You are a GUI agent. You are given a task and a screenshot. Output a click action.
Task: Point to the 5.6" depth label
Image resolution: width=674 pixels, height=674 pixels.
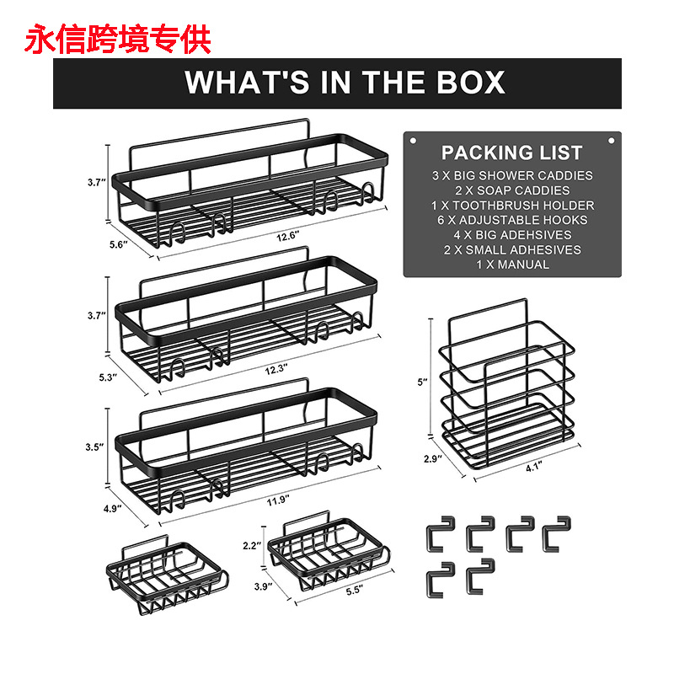[117, 244]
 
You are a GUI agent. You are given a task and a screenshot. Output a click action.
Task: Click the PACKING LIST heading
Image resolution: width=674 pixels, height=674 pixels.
[511, 152]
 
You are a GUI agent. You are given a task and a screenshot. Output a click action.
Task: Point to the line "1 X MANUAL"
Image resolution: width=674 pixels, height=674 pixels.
[511, 265]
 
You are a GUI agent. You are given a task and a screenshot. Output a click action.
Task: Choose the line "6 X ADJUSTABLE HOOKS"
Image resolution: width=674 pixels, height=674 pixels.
[511, 220]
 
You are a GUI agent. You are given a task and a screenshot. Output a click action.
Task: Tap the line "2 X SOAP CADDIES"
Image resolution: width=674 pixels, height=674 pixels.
[511, 190]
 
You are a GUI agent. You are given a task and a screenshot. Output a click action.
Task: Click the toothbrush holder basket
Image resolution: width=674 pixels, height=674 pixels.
[507, 388]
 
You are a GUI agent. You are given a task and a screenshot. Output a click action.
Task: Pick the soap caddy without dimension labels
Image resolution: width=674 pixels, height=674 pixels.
[168, 575]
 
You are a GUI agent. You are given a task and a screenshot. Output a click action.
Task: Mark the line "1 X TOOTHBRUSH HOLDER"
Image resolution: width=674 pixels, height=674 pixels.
[511, 206]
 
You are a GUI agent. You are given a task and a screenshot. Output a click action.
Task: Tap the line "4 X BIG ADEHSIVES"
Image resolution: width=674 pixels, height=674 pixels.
[511, 235]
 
